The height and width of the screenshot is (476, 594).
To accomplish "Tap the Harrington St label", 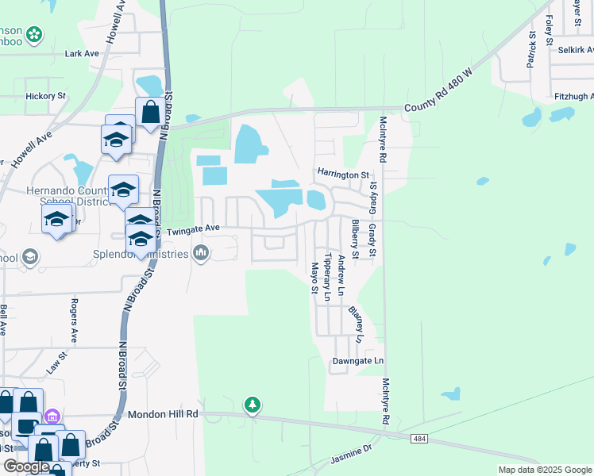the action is point(344,174).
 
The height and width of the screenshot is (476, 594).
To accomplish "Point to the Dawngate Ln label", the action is point(357,361).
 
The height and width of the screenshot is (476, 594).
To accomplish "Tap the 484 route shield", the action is point(420,438).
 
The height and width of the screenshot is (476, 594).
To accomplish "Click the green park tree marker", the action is point(253,405).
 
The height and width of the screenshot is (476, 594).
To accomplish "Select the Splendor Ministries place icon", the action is point(201,254).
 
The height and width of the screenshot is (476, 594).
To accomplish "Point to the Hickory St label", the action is point(46,96).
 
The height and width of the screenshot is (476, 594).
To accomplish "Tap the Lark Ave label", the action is point(82,54).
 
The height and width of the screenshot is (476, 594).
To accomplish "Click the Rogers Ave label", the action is point(75,321).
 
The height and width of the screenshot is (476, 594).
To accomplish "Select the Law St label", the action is point(54,365).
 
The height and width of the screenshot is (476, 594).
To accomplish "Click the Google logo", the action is point(25,466).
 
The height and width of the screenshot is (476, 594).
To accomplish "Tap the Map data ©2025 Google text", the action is point(545,470).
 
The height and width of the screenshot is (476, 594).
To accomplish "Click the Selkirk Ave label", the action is point(577,50).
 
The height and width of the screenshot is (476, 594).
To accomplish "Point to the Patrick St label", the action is point(531,49).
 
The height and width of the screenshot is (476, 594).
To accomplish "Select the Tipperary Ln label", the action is point(326,277).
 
